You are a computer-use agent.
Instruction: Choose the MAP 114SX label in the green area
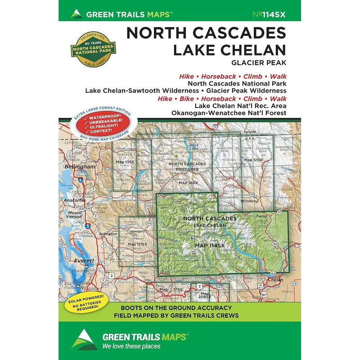pyautogui.click(x=210, y=245)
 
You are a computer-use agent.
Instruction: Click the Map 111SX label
pyautogui.click(x=138, y=244)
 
